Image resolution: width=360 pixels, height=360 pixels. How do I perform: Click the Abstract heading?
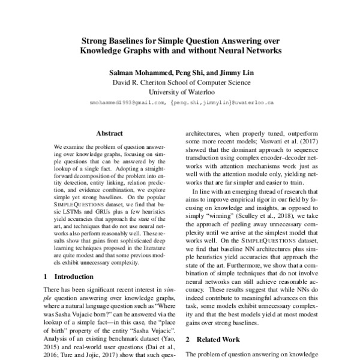coord(109,133)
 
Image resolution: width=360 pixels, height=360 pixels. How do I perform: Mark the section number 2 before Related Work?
coord(187,339)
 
